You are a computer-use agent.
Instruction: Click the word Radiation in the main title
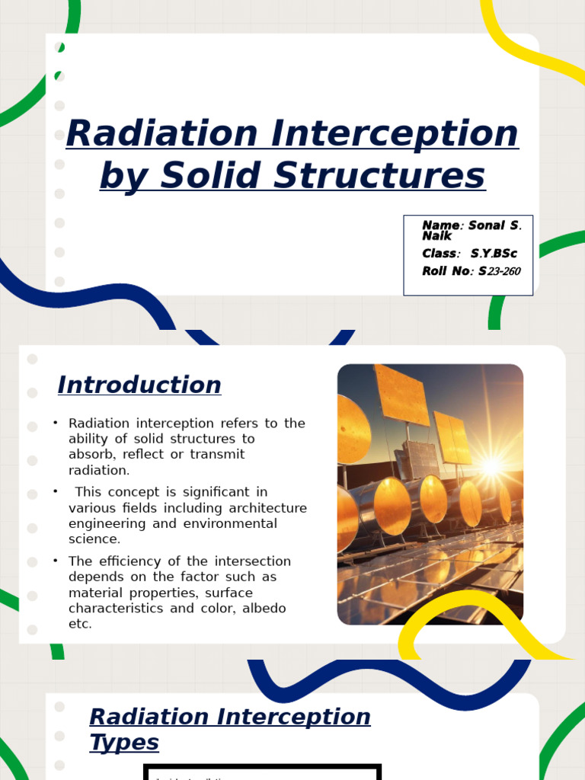point(162,134)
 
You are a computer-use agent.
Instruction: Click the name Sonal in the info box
point(487,225)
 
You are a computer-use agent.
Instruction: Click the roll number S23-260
point(500,271)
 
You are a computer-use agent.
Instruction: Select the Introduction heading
point(139,385)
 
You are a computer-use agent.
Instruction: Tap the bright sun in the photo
point(491,465)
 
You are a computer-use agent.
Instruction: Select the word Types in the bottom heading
point(124,742)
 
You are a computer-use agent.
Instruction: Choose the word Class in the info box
point(440,254)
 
